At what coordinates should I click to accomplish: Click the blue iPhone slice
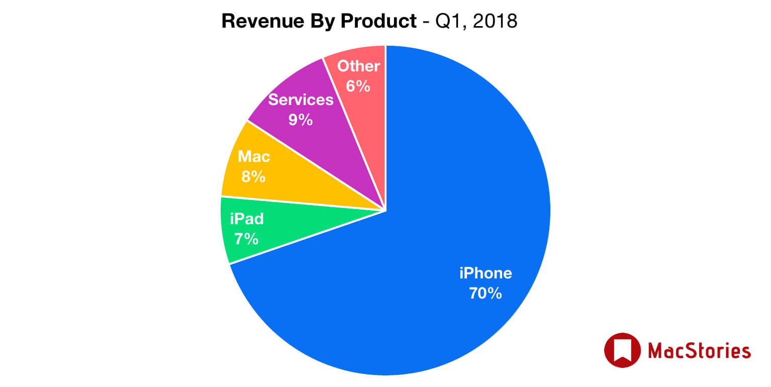pyautogui.click(x=452, y=201)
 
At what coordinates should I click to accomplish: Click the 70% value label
pyautogui.click(x=485, y=293)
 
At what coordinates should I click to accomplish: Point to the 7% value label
pyautogui.click(x=246, y=238)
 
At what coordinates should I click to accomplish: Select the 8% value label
pyautogui.click(x=253, y=176)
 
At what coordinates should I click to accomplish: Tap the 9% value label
pyautogui.click(x=301, y=120)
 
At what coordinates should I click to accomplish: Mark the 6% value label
pyautogui.click(x=358, y=86)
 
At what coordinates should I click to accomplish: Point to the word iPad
pyautogui.click(x=247, y=219)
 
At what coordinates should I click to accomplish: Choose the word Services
pyautogui.click(x=301, y=100)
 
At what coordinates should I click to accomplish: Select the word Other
pyautogui.click(x=358, y=66)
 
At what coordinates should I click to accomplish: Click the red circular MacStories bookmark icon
pyautogui.click(x=622, y=350)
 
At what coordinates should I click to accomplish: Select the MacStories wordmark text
pyautogui.click(x=699, y=350)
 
